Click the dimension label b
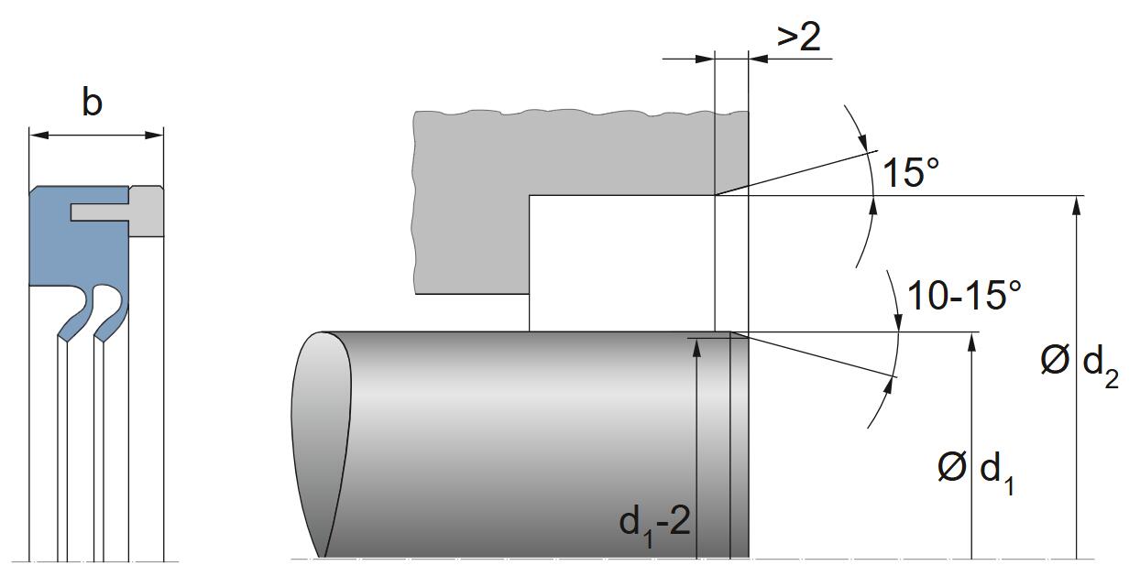92,103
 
